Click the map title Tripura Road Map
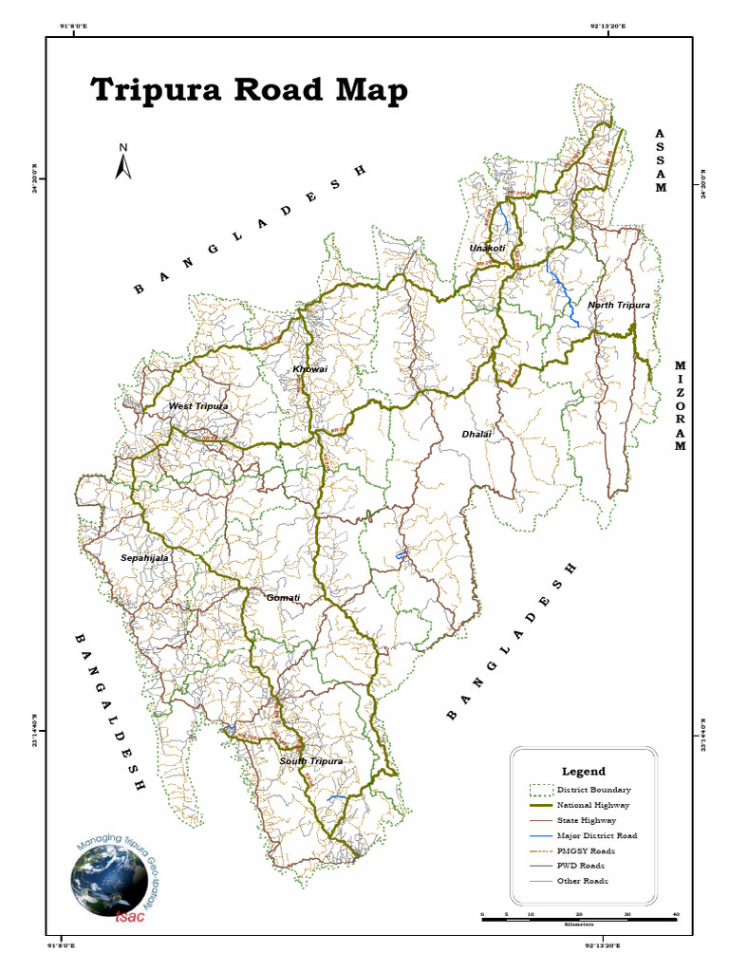(250, 91)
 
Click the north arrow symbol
(122, 161)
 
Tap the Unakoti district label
(487, 249)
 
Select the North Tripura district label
(618, 305)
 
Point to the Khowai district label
(309, 368)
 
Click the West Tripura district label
(198, 406)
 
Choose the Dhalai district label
(477, 434)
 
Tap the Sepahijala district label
(144, 558)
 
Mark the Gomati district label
(283, 598)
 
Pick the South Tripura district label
(310, 761)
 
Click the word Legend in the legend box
(583, 772)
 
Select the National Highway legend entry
(593, 805)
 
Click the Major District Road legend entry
(596, 835)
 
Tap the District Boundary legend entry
(593, 790)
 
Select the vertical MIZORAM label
(680, 406)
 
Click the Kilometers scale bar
(578, 919)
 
